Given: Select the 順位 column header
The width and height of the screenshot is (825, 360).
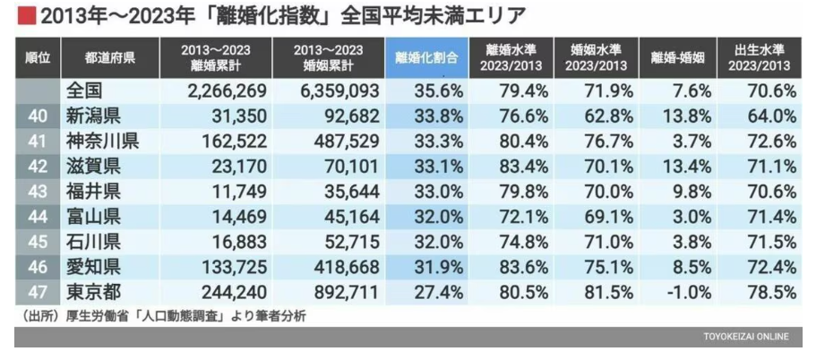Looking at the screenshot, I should pyautogui.click(x=37, y=57).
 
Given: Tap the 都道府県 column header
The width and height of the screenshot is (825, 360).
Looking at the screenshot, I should pyautogui.click(x=111, y=57).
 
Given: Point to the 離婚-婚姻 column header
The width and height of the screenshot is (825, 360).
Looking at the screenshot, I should pyautogui.click(x=677, y=57).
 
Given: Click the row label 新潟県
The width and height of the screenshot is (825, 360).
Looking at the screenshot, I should pyautogui.click(x=93, y=116).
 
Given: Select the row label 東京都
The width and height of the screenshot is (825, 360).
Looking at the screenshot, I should pyautogui.click(x=93, y=292).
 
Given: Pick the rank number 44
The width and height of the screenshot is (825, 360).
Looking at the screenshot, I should pyautogui.click(x=37, y=217).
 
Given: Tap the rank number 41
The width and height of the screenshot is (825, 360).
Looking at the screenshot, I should pyautogui.click(x=37, y=141).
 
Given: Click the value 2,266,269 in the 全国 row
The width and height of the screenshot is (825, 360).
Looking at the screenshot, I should pyautogui.click(x=228, y=90).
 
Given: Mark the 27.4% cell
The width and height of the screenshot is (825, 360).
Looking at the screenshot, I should pyautogui.click(x=433, y=292).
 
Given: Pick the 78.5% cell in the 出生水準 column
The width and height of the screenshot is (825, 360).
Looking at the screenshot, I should pyautogui.click(x=769, y=292).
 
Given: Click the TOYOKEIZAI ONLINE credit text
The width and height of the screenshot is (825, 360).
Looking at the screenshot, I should pyautogui.click(x=745, y=337).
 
